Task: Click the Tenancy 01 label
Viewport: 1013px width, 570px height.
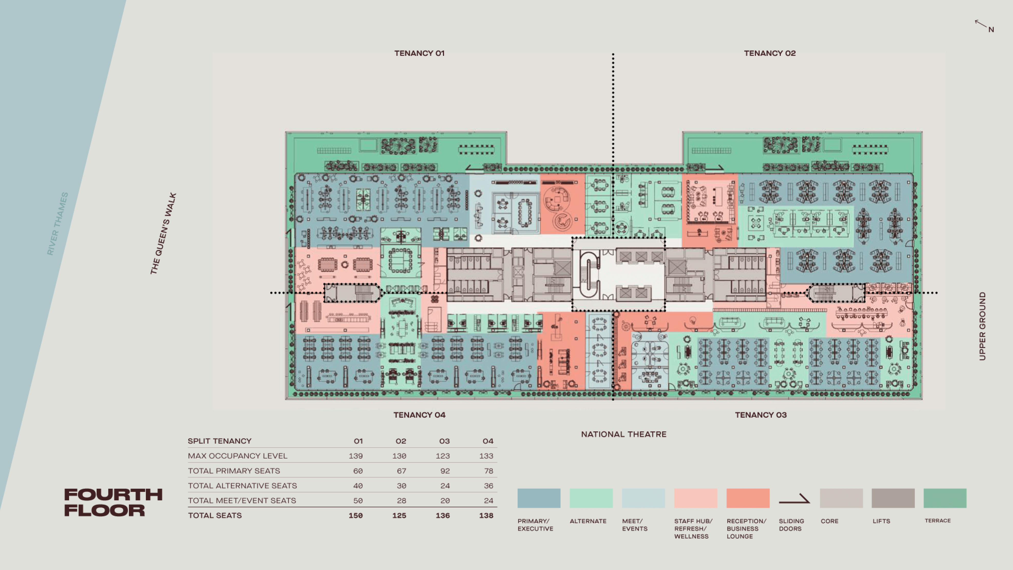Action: point(419,53)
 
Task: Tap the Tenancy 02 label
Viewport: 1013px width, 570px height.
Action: point(770,53)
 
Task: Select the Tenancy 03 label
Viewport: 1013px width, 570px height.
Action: point(761,415)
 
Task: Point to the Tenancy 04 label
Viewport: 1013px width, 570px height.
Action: point(419,415)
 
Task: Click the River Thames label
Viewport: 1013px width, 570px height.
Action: point(58,224)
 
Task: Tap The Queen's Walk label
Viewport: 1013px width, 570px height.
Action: point(163,233)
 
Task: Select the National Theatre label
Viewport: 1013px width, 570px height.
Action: point(624,434)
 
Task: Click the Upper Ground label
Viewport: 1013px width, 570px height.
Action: point(982,326)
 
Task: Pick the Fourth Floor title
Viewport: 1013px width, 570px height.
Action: point(113,502)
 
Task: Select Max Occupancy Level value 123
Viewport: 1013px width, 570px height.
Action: point(442,456)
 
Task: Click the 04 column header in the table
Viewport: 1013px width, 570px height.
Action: point(488,441)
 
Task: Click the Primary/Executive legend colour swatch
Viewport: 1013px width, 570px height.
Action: point(539,498)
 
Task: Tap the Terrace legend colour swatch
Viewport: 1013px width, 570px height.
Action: point(945,498)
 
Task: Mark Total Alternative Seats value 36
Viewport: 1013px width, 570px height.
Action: point(488,486)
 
